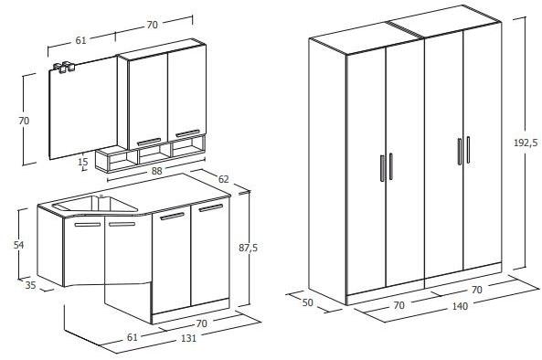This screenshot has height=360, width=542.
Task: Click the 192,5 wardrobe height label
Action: (526, 143)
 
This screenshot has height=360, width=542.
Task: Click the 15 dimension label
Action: (83, 162)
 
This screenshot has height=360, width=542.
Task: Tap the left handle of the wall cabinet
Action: (148, 140)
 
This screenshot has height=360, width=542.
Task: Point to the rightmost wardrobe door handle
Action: (468, 151)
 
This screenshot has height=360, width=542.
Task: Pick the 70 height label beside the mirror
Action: (24, 120)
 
